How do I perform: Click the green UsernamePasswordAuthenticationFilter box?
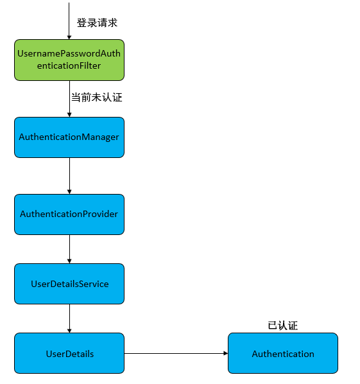69,60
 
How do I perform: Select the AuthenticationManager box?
69,137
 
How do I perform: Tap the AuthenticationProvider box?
69,214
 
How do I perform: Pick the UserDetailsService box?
69,284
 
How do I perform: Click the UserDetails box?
69,353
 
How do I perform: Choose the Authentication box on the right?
282,353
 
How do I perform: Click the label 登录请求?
97,22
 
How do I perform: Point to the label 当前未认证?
96,98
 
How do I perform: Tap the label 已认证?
282,325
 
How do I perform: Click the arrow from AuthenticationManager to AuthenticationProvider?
69,175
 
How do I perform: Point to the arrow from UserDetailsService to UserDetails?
69,318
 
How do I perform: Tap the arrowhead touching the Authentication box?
225,353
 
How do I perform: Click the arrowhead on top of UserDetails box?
69,330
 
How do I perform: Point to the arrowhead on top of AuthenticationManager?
69,114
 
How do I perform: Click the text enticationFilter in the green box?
69,66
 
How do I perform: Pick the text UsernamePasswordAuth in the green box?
69,54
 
